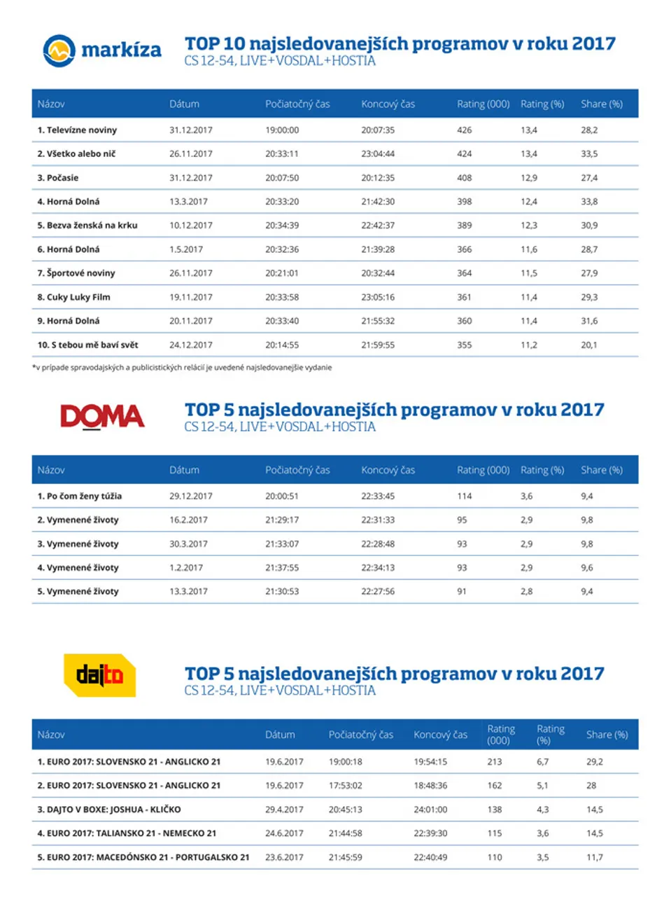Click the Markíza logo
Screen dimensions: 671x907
click(x=102, y=50)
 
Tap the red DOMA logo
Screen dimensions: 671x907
click(x=102, y=417)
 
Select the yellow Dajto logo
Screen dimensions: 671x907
click(x=100, y=675)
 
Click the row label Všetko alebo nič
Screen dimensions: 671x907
click(x=81, y=154)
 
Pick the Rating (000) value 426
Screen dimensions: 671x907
click(x=464, y=130)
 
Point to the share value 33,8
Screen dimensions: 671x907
click(x=589, y=202)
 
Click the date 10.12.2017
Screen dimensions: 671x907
click(x=191, y=226)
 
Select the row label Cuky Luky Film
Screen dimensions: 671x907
click(x=78, y=297)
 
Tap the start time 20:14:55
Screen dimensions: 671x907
click(x=282, y=345)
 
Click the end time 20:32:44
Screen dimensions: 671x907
click(x=378, y=273)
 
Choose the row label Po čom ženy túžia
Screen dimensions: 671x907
click(x=84, y=496)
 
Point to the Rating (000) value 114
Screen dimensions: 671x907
click(x=464, y=496)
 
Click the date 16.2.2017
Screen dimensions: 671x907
click(x=188, y=520)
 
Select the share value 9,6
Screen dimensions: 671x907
click(x=587, y=567)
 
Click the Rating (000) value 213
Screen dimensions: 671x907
click(x=495, y=762)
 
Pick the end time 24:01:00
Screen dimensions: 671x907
click(x=430, y=809)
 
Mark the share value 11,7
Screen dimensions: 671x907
click(x=595, y=857)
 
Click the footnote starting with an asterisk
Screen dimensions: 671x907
click(x=182, y=368)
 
